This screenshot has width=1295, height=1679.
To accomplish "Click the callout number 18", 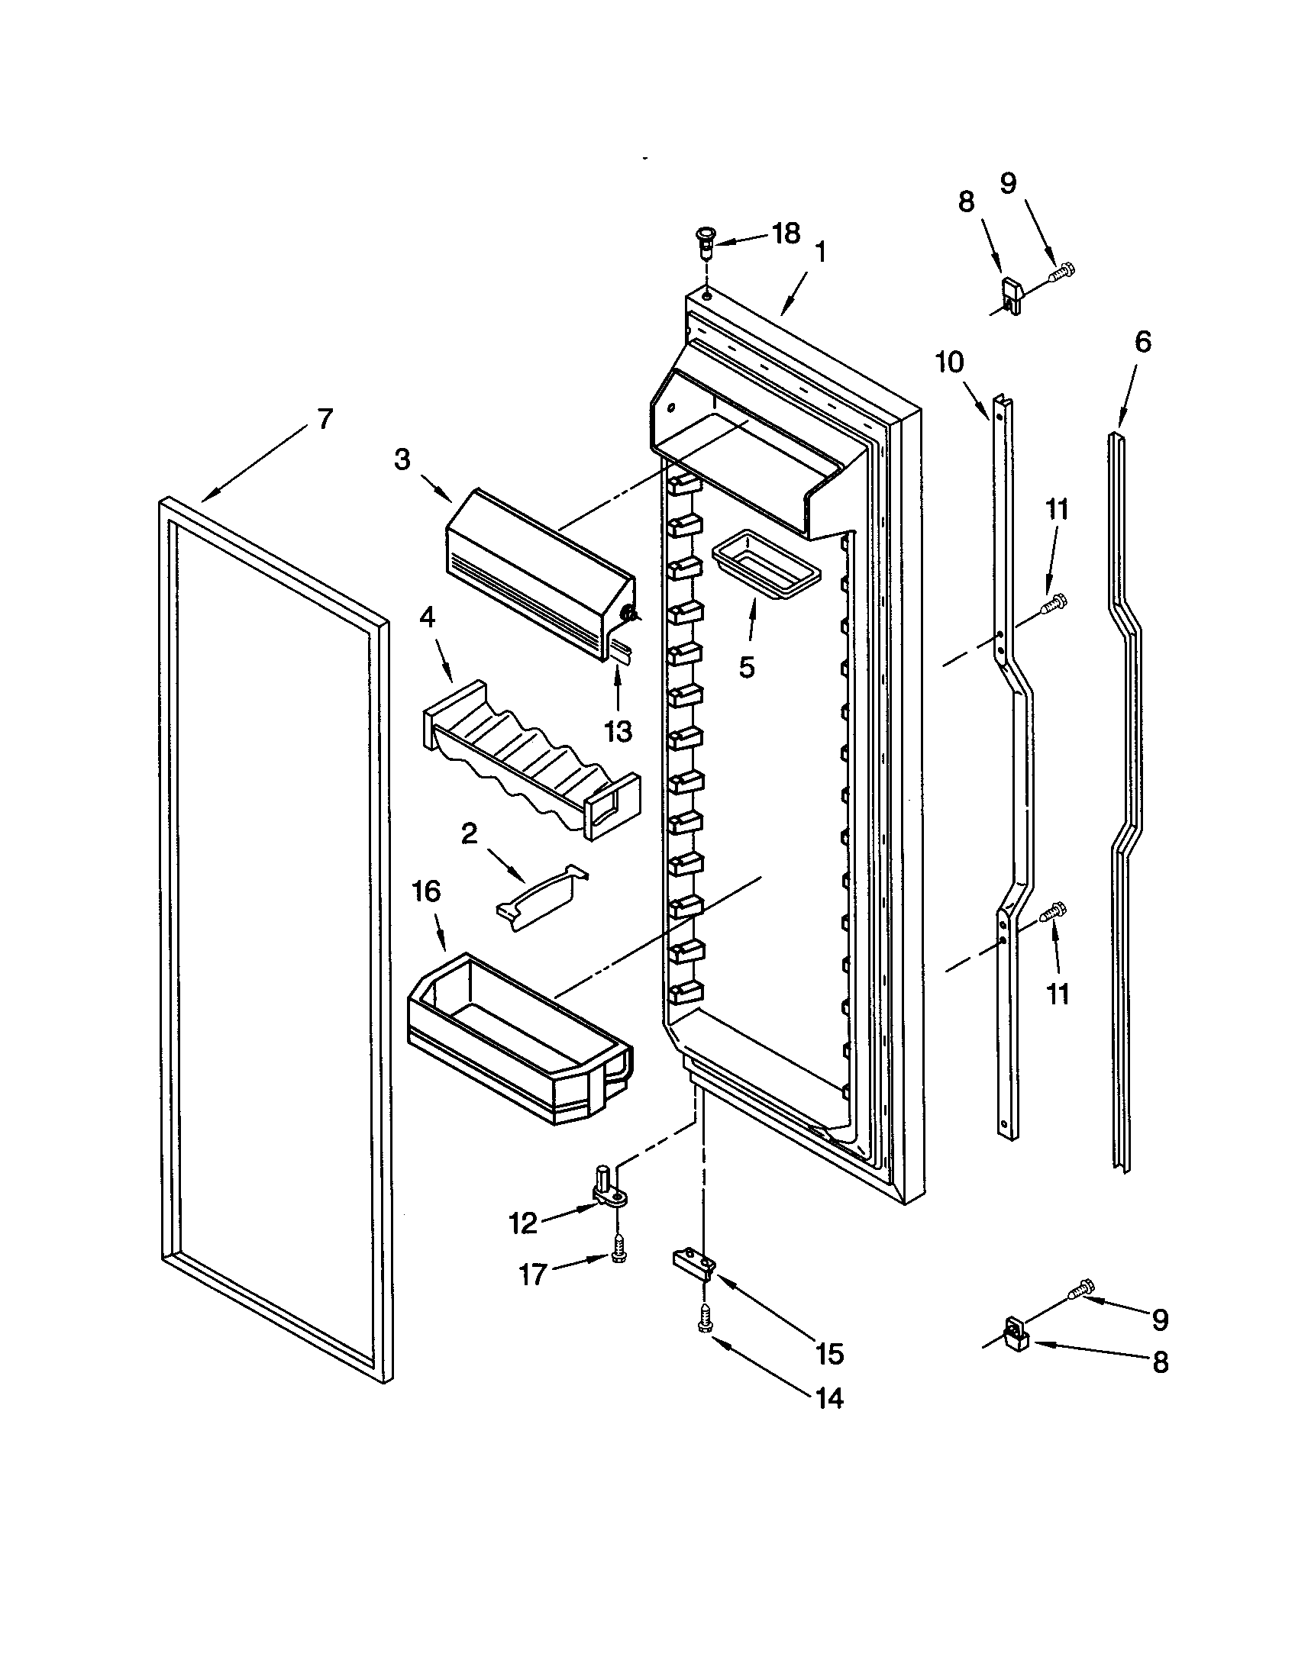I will [x=786, y=233].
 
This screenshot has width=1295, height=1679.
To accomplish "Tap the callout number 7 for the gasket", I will [x=325, y=419].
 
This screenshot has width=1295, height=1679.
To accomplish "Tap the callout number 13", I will [x=618, y=731].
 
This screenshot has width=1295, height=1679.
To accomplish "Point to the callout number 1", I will [x=821, y=252].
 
